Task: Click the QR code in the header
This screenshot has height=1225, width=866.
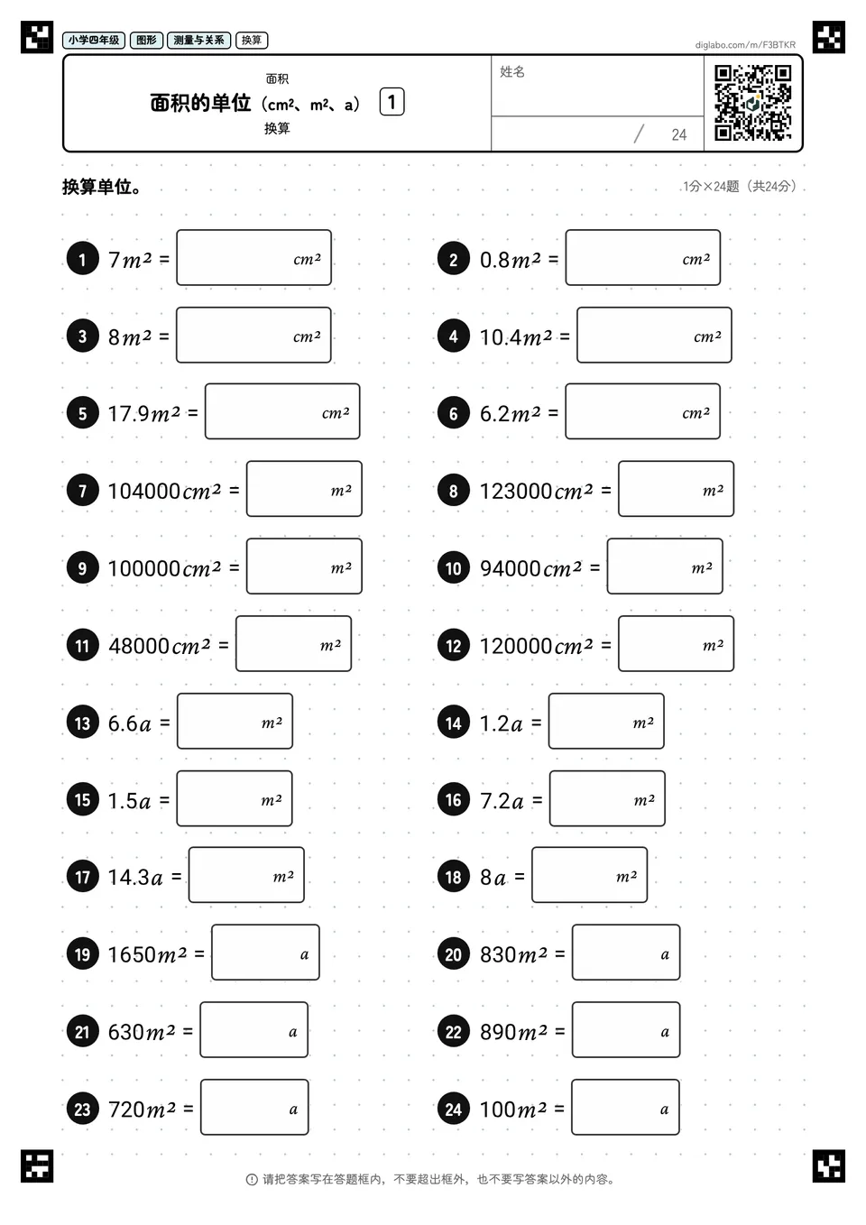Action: tap(753, 103)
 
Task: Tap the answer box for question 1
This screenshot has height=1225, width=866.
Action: tap(253, 258)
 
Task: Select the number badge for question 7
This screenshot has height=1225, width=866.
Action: tap(83, 490)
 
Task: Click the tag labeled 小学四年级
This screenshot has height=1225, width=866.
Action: tap(94, 40)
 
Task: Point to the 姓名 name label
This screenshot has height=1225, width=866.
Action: tap(512, 71)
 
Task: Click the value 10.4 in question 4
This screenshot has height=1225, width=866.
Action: tap(502, 337)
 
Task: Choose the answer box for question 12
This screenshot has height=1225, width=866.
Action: tap(676, 644)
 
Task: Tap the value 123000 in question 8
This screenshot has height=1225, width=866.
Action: tap(516, 491)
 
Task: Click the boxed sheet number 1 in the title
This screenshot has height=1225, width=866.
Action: tap(392, 102)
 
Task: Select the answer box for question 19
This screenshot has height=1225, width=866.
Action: tap(265, 952)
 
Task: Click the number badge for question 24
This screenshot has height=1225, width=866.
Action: tap(454, 1109)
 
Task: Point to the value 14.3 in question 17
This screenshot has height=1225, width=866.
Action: tap(128, 877)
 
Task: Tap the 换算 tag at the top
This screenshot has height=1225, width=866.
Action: tap(252, 40)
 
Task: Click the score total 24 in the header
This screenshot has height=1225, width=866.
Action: tap(679, 134)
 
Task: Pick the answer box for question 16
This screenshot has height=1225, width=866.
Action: tap(607, 798)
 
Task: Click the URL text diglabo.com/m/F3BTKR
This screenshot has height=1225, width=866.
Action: tap(745, 45)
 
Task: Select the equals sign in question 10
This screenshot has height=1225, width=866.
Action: tap(594, 567)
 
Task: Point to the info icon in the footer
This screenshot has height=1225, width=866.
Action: tap(252, 1180)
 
